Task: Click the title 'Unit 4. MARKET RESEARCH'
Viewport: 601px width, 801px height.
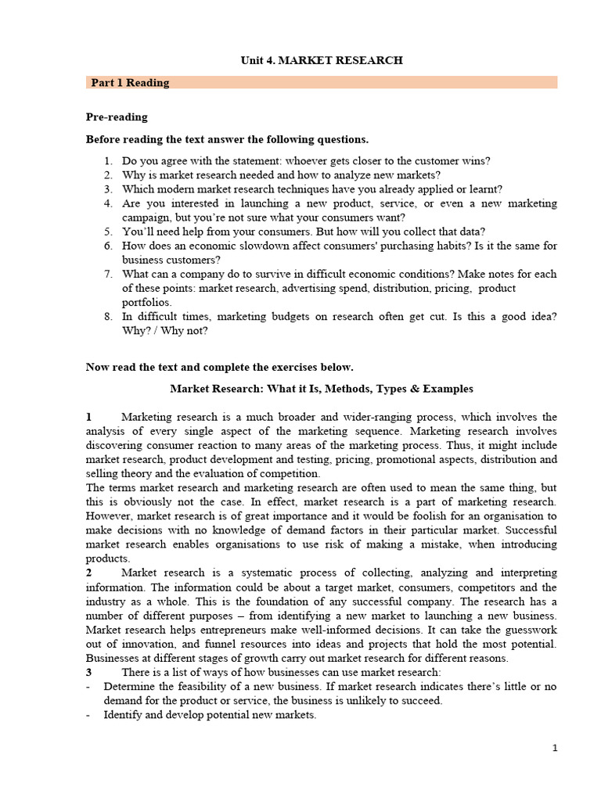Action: (x=321, y=60)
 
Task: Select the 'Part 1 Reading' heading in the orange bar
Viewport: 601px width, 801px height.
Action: (x=130, y=82)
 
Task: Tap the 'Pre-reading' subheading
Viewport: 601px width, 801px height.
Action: (x=117, y=117)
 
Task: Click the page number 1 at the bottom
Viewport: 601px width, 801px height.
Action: (x=555, y=749)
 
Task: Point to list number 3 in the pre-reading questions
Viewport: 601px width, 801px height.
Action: (x=108, y=189)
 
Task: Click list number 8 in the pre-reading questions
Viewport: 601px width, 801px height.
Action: (x=108, y=316)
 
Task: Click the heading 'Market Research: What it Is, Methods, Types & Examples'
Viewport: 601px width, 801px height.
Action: (x=322, y=389)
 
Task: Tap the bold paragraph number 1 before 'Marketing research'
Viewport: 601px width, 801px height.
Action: (x=89, y=417)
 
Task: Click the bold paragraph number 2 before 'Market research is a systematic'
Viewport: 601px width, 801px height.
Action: (x=89, y=573)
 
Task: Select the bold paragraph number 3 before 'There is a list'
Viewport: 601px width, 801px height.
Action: (x=89, y=672)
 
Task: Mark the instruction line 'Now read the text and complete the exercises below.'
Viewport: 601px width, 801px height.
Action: (x=219, y=367)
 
